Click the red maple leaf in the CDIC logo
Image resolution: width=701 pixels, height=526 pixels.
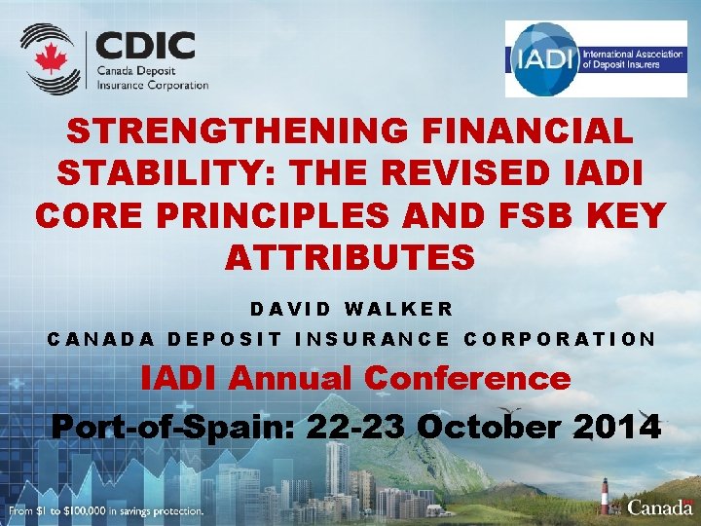tap(49, 58)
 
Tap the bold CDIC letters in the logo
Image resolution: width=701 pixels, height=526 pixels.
tap(146, 46)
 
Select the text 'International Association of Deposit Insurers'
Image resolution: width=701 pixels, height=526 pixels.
tap(620, 58)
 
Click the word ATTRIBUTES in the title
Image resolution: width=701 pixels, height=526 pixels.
tap(350, 258)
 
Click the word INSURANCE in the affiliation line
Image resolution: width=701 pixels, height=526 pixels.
tap(372, 339)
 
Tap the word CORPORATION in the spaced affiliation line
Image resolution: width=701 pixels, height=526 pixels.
tap(561, 339)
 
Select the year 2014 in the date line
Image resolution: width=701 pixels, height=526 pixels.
tap(617, 427)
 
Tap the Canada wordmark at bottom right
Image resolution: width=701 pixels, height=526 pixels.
tap(660, 507)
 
